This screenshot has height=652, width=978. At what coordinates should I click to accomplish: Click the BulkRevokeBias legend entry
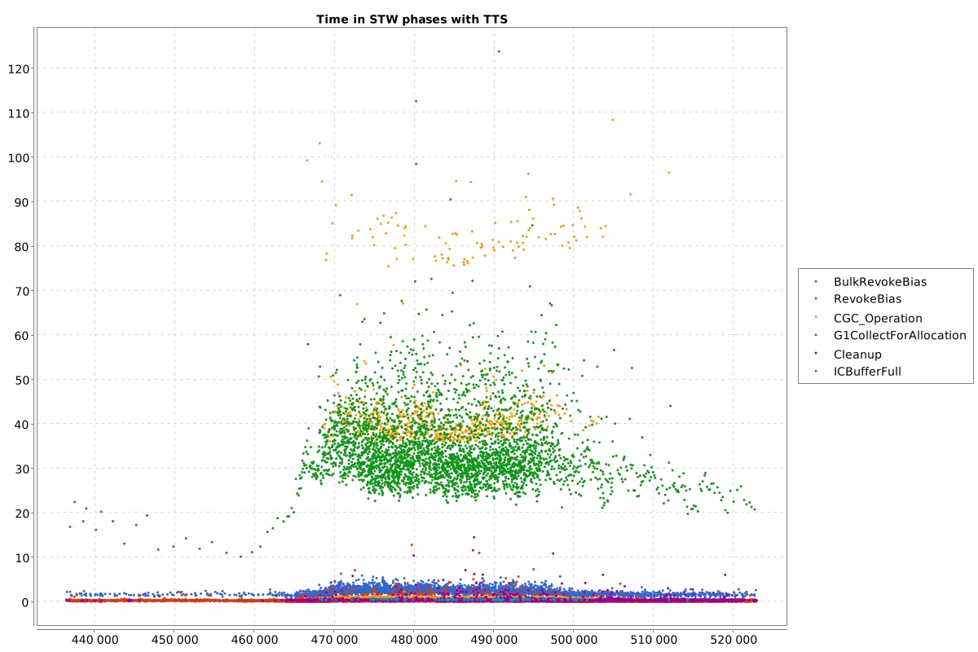click(x=879, y=282)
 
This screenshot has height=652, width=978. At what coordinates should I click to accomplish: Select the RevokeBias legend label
click(x=867, y=299)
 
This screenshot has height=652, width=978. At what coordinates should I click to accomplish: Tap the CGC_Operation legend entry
click(x=878, y=319)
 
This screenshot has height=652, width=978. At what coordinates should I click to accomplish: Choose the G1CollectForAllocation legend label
click(x=900, y=336)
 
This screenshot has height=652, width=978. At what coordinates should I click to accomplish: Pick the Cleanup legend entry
click(x=857, y=355)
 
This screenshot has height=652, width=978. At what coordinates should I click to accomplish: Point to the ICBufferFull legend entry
click(x=867, y=372)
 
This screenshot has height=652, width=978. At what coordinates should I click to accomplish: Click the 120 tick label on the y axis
click(x=19, y=69)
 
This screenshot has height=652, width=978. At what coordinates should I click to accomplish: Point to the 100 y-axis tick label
click(x=19, y=157)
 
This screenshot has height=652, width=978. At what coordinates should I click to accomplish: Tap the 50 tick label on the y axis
click(x=22, y=380)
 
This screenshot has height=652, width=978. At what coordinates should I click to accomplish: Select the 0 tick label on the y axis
click(x=25, y=602)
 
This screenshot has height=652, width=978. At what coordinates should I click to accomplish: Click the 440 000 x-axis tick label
click(x=95, y=640)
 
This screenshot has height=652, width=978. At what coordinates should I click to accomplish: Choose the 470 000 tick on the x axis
click(x=334, y=640)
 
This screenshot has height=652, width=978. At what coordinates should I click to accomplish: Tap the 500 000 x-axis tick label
click(x=574, y=640)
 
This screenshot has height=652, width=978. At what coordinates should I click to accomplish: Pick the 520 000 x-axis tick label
click(x=733, y=640)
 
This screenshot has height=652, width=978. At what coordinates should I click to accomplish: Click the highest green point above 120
click(x=499, y=51)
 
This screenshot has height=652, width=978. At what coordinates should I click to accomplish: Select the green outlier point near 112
click(x=416, y=101)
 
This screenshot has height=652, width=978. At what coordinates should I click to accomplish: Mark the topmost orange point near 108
click(x=613, y=120)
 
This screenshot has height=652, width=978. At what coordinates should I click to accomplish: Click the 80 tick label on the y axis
click(x=22, y=247)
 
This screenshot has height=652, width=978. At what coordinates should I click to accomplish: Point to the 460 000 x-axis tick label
click(x=254, y=640)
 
